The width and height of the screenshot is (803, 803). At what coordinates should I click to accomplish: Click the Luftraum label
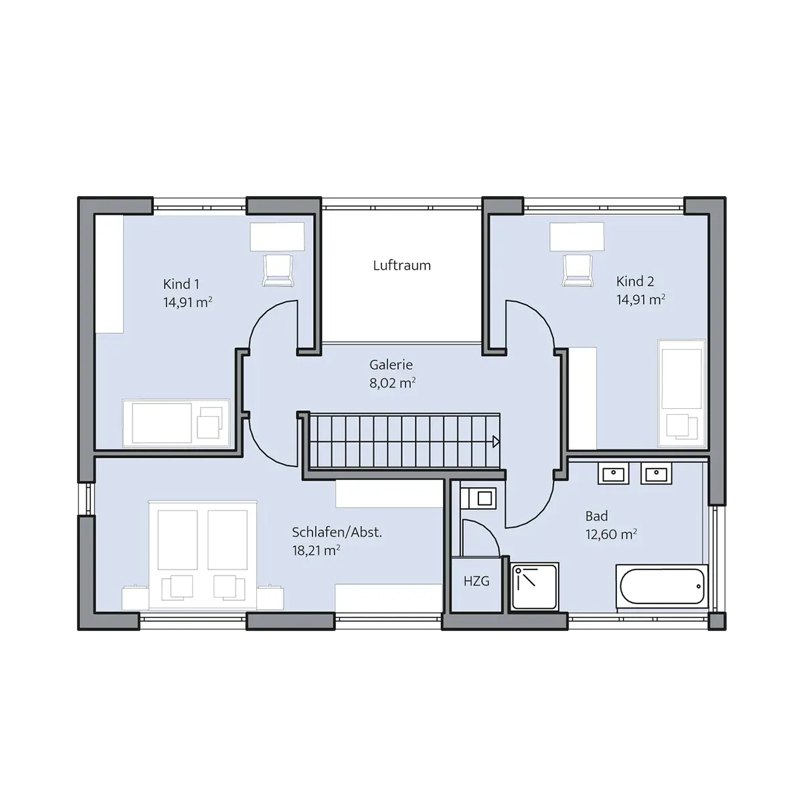tap(401, 266)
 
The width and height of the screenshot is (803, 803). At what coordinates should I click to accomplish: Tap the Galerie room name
tap(391, 365)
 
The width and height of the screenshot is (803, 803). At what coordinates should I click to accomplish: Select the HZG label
tap(476, 581)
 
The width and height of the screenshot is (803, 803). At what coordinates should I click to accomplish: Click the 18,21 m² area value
tap(316, 551)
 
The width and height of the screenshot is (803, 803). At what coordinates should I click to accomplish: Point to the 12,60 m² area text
tap(611, 534)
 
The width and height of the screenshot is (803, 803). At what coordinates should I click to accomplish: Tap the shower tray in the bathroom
tap(535, 587)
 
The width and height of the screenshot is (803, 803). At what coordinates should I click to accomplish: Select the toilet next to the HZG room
tap(479, 499)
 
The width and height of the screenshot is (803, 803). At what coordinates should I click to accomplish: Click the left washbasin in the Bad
tap(614, 473)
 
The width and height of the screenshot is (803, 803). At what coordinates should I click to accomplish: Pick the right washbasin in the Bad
tap(656, 473)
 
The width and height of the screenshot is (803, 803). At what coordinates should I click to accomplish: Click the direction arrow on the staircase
tap(496, 442)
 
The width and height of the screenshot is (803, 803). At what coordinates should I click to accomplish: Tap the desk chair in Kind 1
tap(278, 270)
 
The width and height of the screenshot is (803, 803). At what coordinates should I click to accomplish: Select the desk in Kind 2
tap(577, 237)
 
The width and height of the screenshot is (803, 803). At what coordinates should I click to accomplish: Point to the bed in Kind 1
tap(176, 424)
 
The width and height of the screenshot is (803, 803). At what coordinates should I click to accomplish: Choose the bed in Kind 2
tap(681, 393)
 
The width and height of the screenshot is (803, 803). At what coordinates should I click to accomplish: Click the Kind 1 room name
tap(181, 284)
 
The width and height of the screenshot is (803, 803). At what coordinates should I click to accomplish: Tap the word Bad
tap(596, 516)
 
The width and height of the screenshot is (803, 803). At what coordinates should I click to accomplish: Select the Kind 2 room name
tap(635, 281)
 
